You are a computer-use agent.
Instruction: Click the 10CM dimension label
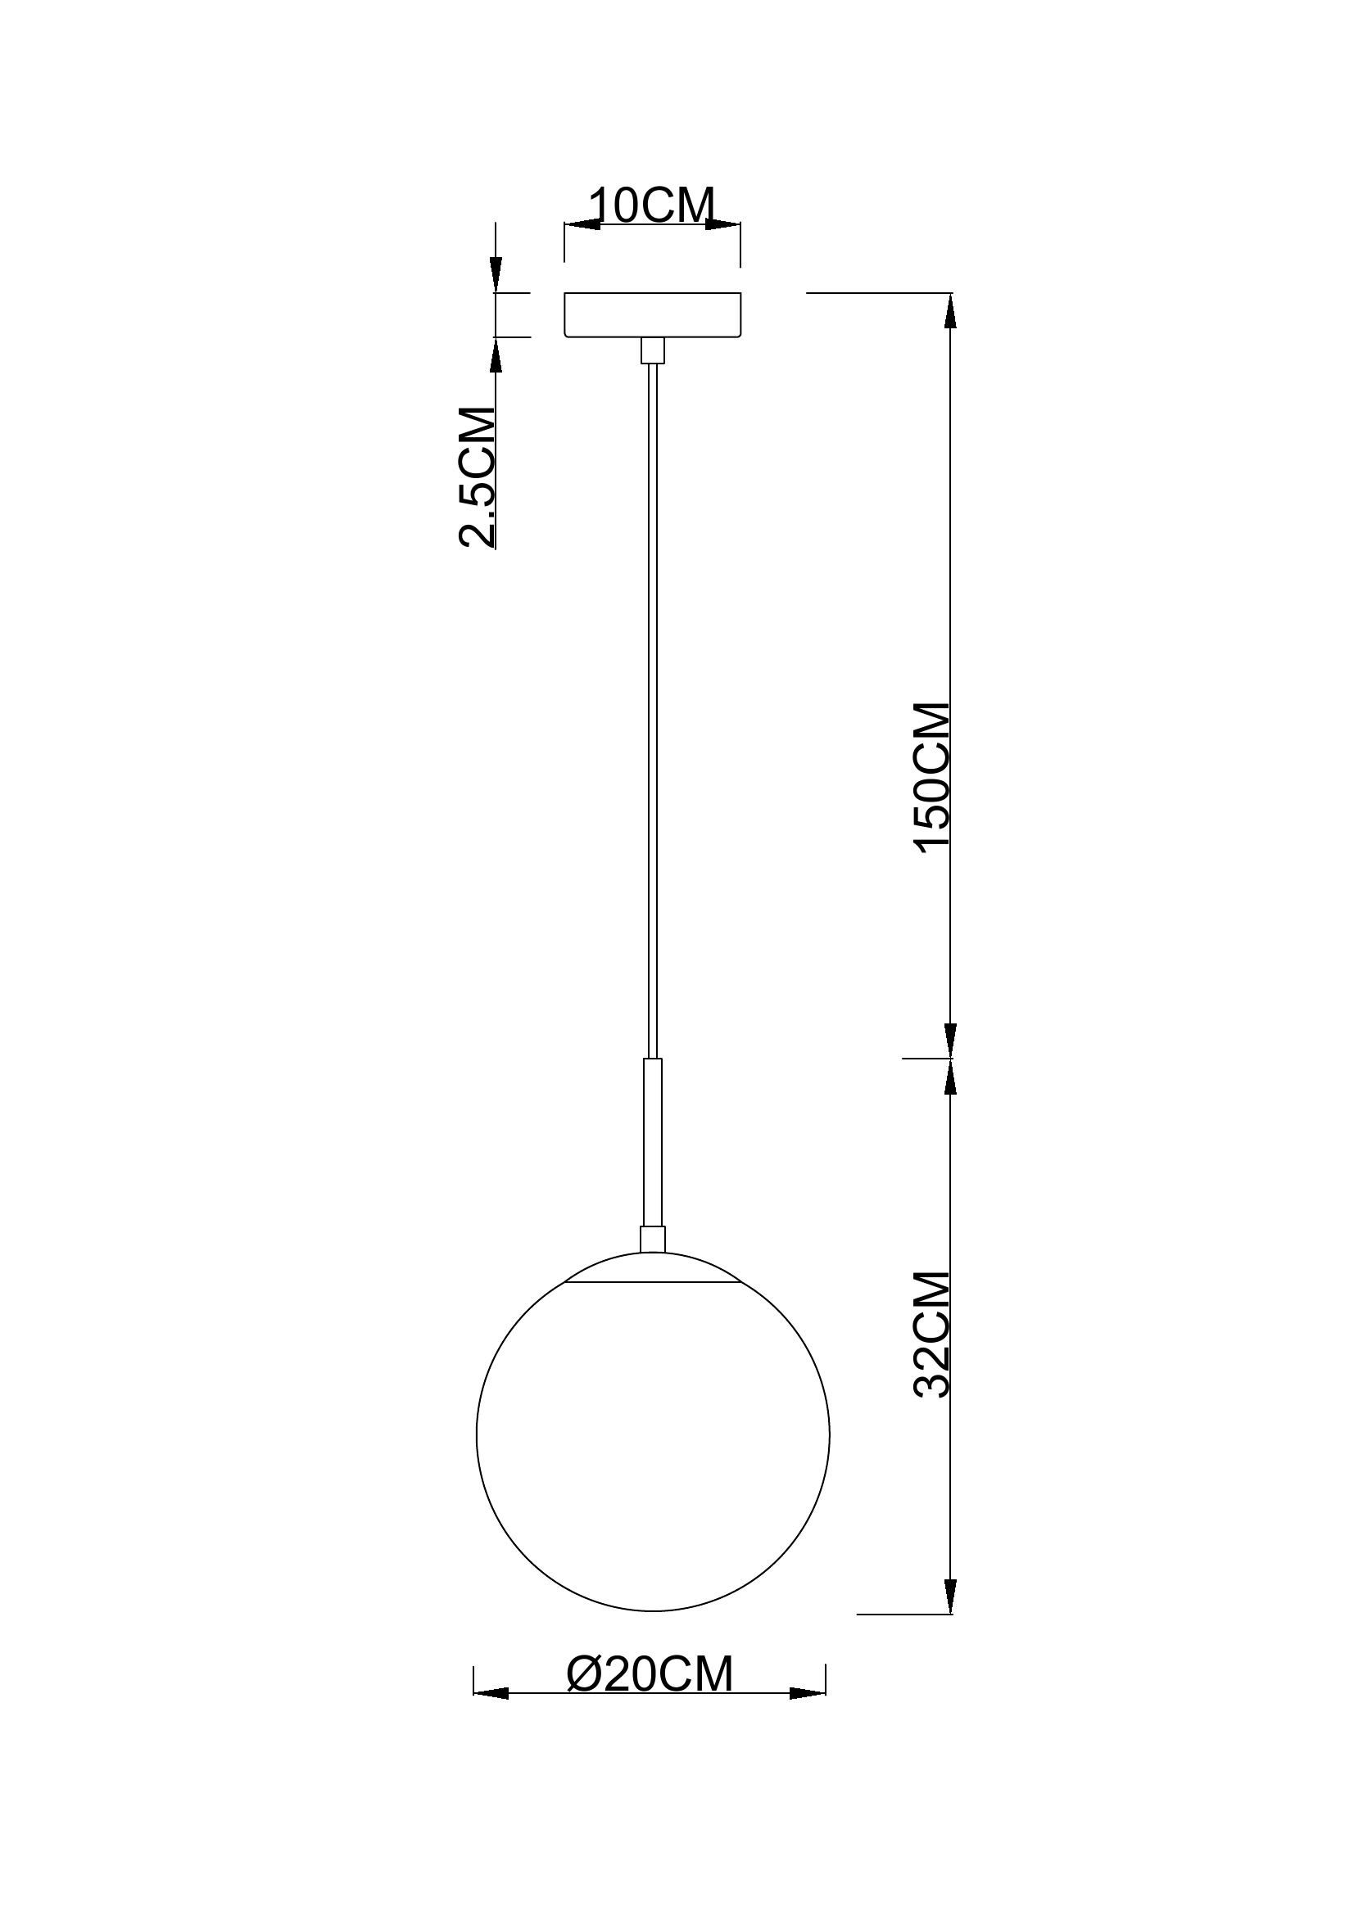point(652,206)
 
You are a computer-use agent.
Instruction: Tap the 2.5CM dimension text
point(478,476)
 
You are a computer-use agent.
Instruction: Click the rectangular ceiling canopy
point(652,314)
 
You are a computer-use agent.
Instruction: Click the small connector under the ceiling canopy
point(652,350)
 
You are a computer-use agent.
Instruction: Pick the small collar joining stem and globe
point(652,1240)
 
